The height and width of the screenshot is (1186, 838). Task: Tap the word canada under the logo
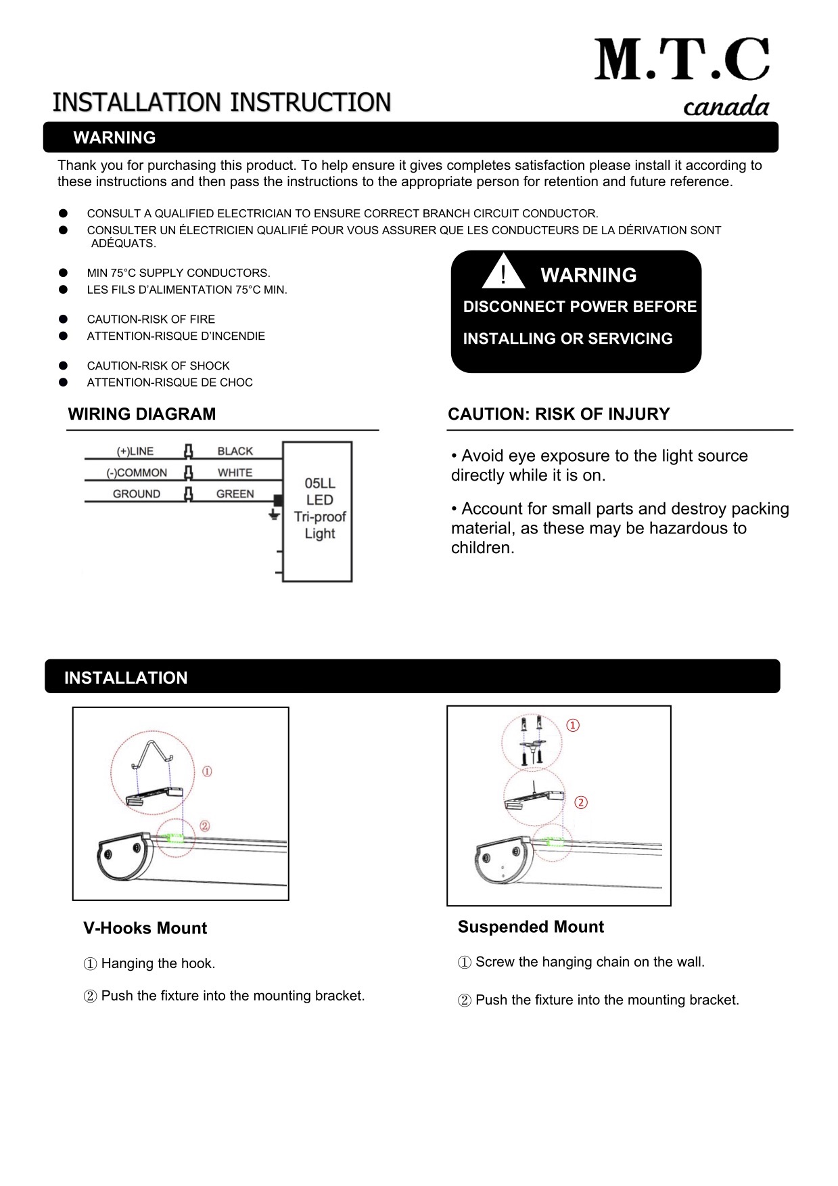[726, 107]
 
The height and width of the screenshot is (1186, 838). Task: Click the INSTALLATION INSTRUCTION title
[222, 103]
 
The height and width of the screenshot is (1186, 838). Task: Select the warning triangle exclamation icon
[503, 272]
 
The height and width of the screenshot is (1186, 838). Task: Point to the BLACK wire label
[235, 451]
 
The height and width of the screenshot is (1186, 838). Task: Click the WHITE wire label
[235, 473]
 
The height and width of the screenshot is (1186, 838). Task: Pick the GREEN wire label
[235, 494]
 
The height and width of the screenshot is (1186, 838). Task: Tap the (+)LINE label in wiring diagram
[135, 451]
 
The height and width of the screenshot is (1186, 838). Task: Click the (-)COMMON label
[137, 473]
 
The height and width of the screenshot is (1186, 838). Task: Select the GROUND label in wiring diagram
[137, 494]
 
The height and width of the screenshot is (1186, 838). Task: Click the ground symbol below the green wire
[274, 515]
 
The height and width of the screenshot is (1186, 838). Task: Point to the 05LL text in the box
[320, 483]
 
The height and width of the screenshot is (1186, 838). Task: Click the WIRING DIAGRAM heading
[142, 414]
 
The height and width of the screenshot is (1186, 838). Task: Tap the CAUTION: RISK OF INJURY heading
[559, 414]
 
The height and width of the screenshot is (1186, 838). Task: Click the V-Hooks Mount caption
[145, 928]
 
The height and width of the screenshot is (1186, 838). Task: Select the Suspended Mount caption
[530, 927]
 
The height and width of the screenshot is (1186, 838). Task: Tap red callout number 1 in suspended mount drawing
[573, 726]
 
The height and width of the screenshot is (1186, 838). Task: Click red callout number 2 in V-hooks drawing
[205, 826]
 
